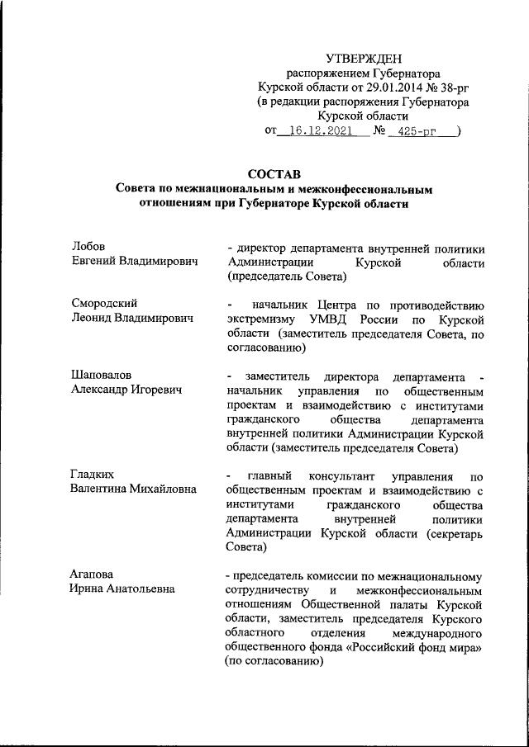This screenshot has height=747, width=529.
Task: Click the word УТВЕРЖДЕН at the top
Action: click(x=365, y=58)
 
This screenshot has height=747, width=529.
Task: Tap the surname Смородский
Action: click(x=104, y=304)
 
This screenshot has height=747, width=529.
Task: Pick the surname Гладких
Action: click(x=93, y=475)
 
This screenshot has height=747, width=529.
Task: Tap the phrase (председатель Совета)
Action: click(x=279, y=277)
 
